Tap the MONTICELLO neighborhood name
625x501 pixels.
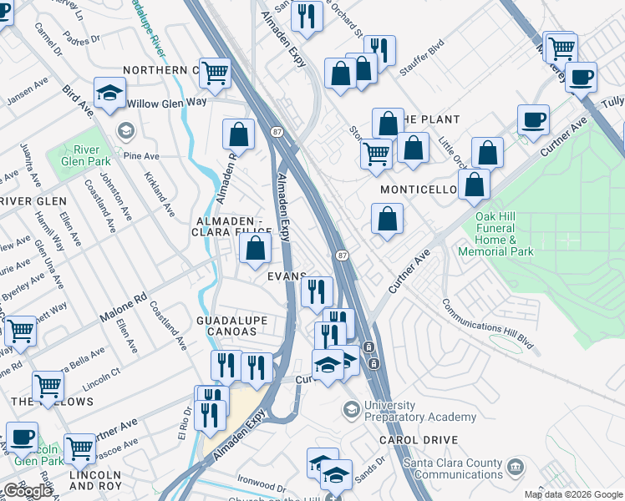pos(419,190)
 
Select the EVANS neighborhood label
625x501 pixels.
pos(287,276)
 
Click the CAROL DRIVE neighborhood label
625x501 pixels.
pos(418,439)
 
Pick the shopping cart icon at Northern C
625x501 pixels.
pos(216,73)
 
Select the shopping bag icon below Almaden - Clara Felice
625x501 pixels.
pos(255,248)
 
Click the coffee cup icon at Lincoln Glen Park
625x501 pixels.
pos(22,437)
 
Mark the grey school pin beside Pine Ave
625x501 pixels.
pos(125,130)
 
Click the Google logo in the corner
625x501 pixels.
pos(28,491)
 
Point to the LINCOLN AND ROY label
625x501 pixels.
pos(95,480)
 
